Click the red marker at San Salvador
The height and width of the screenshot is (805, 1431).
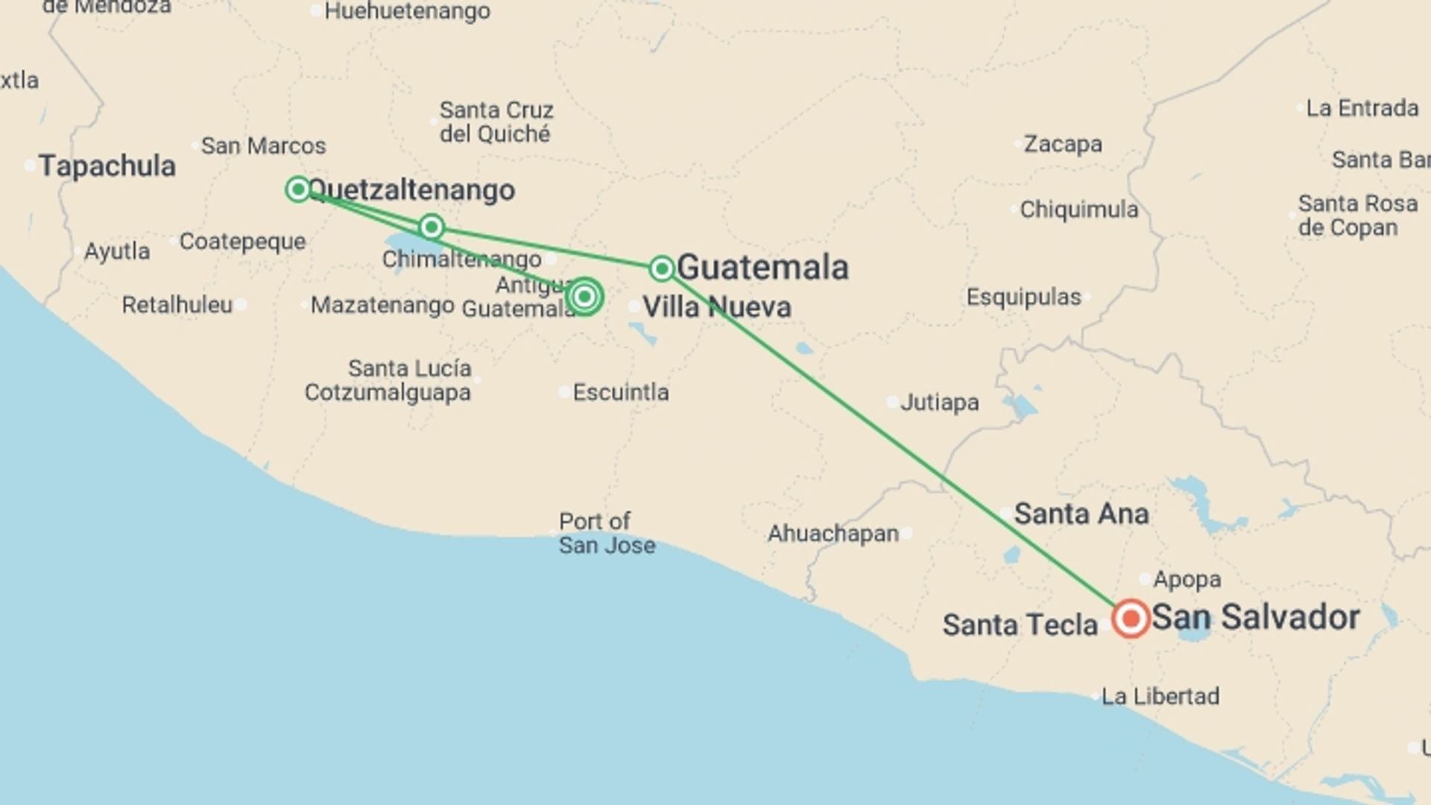[x=1131, y=618]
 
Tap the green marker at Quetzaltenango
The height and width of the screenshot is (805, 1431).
[x=298, y=189]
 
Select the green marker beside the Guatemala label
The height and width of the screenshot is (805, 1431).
[x=662, y=268]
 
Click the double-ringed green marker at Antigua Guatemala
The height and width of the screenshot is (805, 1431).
[x=585, y=297]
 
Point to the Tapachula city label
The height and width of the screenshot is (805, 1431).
[x=107, y=165]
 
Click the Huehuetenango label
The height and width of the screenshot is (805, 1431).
[x=408, y=11]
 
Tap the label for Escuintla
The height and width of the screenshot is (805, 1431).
[x=620, y=392]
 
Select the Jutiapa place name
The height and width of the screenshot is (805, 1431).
[x=939, y=402]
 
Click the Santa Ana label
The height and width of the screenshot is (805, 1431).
[x=1081, y=514]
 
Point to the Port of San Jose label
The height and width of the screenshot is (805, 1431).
[x=607, y=533]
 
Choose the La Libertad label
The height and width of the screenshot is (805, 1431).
[x=1160, y=696]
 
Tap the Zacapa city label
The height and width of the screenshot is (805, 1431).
[x=1062, y=144]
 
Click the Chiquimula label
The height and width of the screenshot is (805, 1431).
[x=1078, y=209]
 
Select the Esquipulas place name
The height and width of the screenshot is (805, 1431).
[x=1023, y=297]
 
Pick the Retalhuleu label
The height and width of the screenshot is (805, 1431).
[x=177, y=305]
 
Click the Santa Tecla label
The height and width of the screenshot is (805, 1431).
[x=1020, y=625]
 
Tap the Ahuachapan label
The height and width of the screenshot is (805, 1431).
[x=833, y=534]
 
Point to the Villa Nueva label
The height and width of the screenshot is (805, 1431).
[x=716, y=307]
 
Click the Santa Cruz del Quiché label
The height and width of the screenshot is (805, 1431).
[x=496, y=122]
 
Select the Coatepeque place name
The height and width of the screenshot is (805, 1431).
[x=242, y=241]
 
